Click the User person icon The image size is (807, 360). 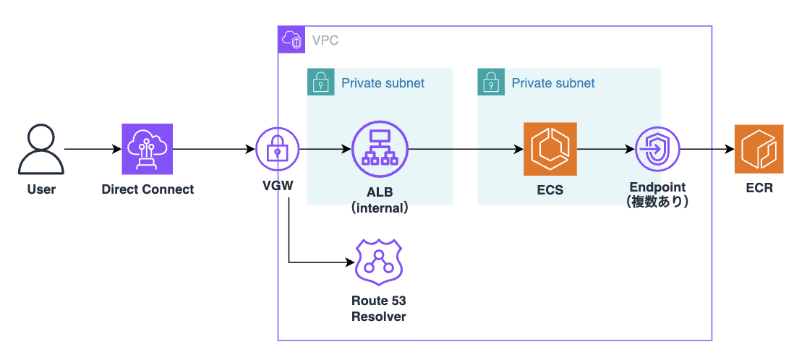pyautogui.click(x=40, y=150)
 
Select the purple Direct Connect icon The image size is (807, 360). pyautogui.click(x=148, y=150)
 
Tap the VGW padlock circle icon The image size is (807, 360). pyautogui.click(x=278, y=150)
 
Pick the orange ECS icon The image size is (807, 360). pyautogui.click(x=550, y=150)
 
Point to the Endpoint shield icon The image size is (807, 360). pyautogui.click(x=657, y=150)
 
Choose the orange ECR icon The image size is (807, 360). pyautogui.click(x=759, y=150)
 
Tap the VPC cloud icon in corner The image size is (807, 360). pyautogui.click(x=292, y=40)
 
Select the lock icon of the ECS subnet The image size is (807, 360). pyautogui.click(x=491, y=82)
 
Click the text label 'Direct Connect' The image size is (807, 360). pyautogui.click(x=148, y=190)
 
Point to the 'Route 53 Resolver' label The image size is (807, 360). pyautogui.click(x=378, y=309)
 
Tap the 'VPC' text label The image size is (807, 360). pyautogui.click(x=325, y=40)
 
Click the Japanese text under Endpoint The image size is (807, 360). pyautogui.click(x=657, y=202)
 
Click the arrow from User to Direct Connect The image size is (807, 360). pyautogui.click(x=93, y=150)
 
